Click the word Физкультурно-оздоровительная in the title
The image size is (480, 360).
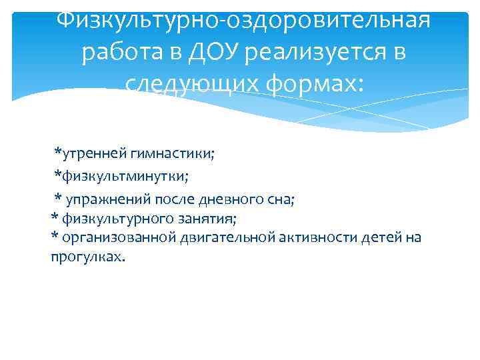pos(243,19)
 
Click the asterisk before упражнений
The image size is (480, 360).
pos(58,197)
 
